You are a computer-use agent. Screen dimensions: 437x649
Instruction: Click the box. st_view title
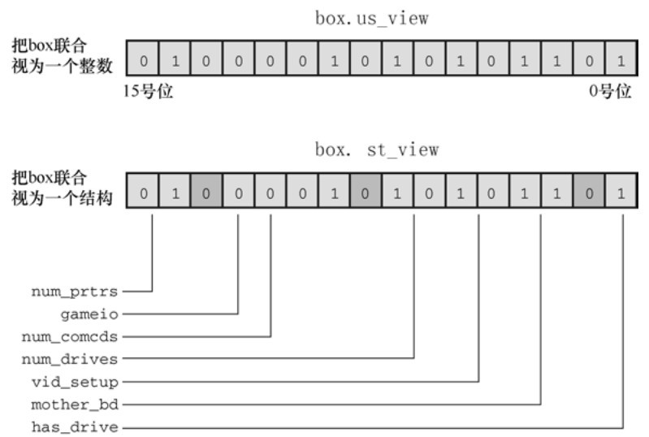(x=377, y=149)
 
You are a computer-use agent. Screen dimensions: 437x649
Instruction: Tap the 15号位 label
(x=146, y=91)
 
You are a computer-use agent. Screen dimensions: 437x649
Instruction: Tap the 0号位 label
(x=610, y=91)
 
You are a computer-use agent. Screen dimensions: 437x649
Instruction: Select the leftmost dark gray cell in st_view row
(x=206, y=195)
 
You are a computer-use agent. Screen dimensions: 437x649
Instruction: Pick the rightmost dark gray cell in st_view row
(x=589, y=195)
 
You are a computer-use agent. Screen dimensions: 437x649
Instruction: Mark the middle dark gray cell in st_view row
(x=366, y=195)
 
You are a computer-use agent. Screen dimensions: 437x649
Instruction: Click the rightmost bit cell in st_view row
(x=621, y=195)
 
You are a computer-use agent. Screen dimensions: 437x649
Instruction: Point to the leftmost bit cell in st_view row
(x=143, y=195)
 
